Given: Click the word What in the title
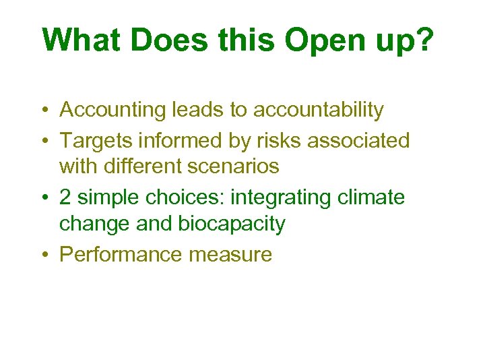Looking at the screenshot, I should [80, 40].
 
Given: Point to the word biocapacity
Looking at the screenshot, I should [230, 224].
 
